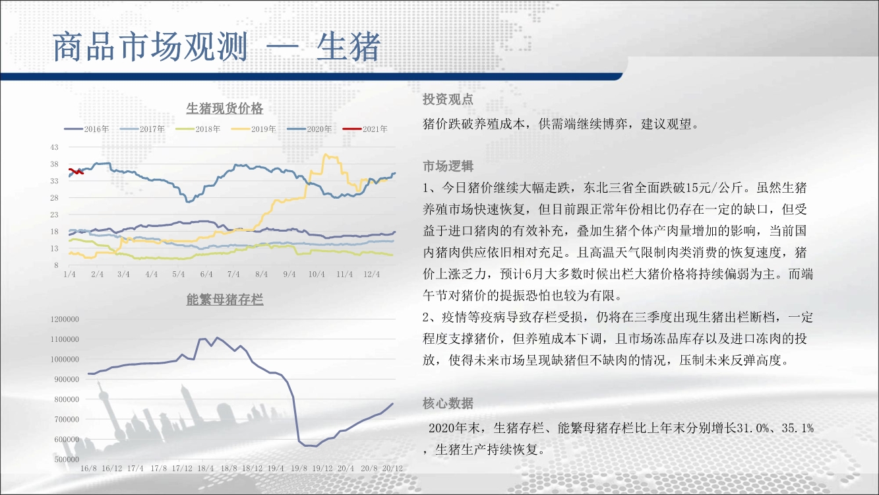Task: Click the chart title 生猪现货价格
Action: pyautogui.click(x=224, y=108)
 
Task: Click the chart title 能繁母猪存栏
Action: pyautogui.click(x=224, y=300)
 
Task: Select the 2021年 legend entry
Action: pyautogui.click(x=365, y=129)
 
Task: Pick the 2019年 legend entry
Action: pyautogui.click(x=253, y=129)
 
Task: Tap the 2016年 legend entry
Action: pyautogui.click(x=86, y=129)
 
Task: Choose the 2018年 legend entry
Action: pyautogui.click(x=198, y=129)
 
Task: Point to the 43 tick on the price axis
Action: pyautogui.click(x=54, y=147)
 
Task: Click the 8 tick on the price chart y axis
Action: pyautogui.click(x=56, y=265)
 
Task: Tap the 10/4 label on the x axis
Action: pyautogui.click(x=317, y=274)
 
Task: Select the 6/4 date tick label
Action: pyautogui.click(x=206, y=274)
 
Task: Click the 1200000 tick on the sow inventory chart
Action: pyautogui.click(x=65, y=319)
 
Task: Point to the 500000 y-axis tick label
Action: pyautogui.click(x=67, y=459)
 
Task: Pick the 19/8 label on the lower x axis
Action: pyautogui.click(x=299, y=469)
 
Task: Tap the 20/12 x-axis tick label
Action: pyautogui.click(x=392, y=469)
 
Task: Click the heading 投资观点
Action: pyautogui.click(x=448, y=100)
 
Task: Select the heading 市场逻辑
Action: pyautogui.click(x=448, y=166)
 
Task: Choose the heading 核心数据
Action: pyautogui.click(x=448, y=403)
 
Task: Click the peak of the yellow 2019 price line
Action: pyautogui.click(x=325, y=154)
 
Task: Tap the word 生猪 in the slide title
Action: pyautogui.click(x=348, y=47)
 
